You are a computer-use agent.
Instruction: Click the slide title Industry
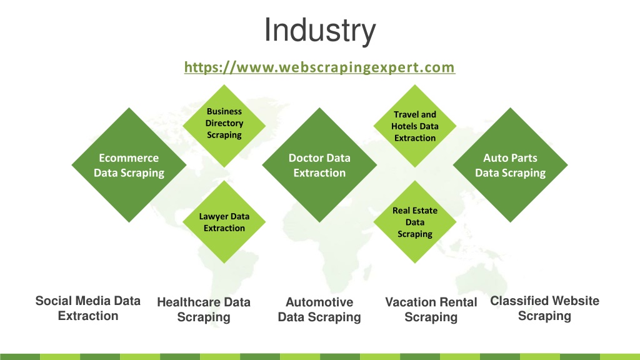coord(319,30)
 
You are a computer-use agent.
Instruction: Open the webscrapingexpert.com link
coord(319,67)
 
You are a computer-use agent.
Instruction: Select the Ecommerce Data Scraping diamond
coord(129,165)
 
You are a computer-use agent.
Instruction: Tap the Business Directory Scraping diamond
coord(224,126)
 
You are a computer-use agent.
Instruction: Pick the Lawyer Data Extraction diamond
coord(224,222)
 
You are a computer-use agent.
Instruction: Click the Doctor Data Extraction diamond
coord(319,165)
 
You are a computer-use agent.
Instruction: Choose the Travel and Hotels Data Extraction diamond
coord(415,126)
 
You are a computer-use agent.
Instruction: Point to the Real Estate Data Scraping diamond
coord(415,222)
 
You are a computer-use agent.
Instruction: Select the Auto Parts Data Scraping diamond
coord(510,165)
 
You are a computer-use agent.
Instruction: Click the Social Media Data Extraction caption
coord(87,308)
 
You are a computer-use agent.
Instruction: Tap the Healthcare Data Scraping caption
coord(204,309)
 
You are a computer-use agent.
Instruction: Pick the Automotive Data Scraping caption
coord(319,309)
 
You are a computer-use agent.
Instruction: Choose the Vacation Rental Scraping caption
coord(431,309)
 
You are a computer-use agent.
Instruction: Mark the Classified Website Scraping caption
coord(544,308)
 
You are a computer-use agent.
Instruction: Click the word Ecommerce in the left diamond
coord(129,158)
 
